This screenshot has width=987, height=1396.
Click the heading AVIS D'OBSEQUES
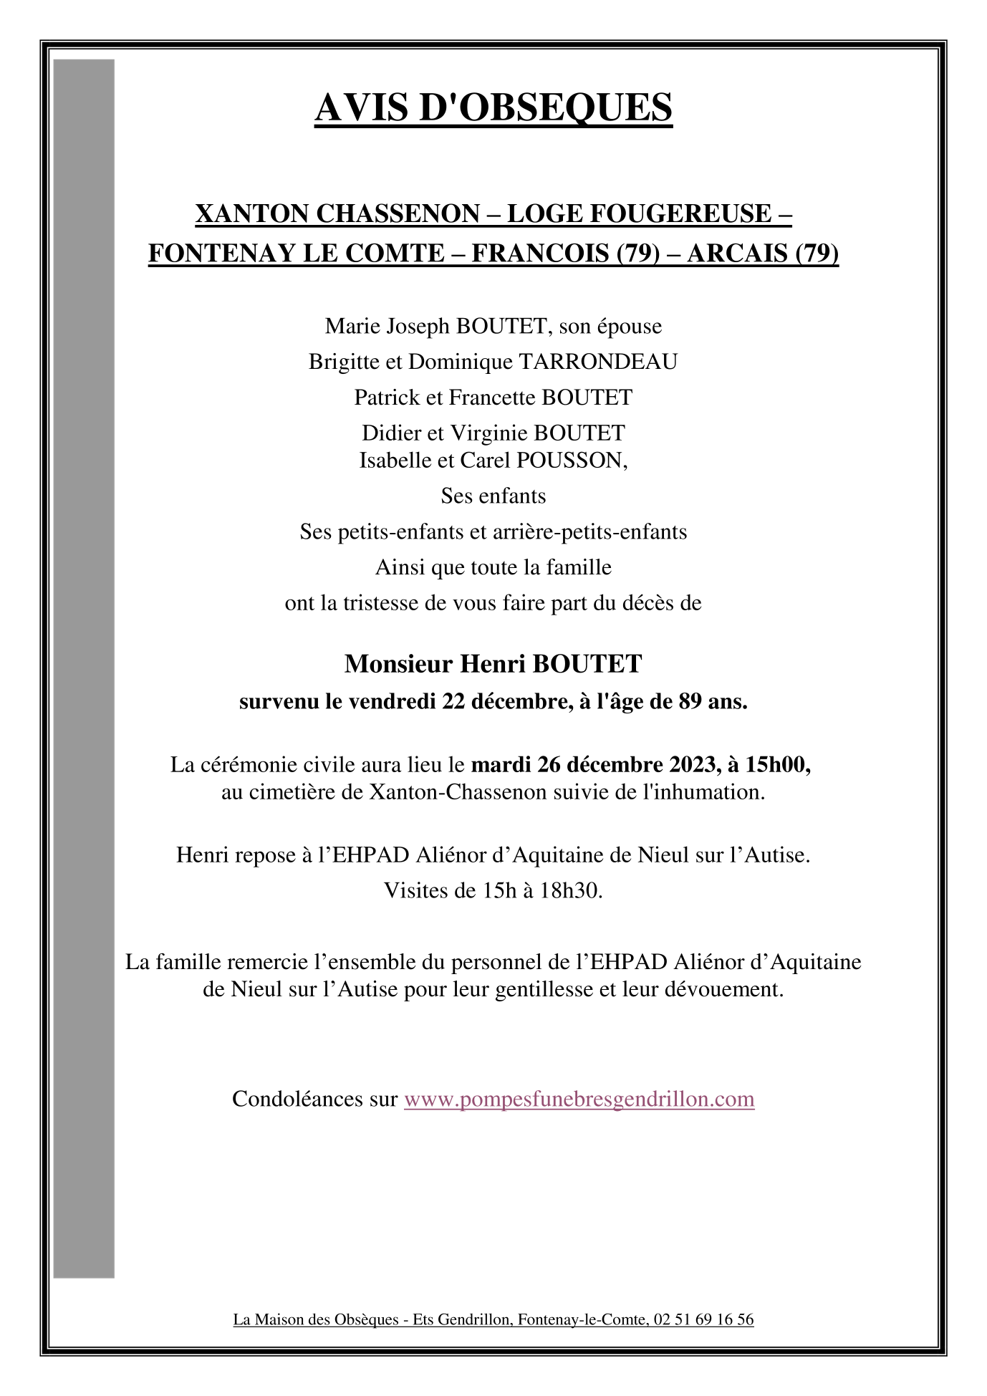point(493,108)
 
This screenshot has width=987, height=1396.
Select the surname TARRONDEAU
point(597,362)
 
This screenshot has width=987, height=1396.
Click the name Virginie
point(489,433)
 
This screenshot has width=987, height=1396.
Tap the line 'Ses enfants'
point(493,496)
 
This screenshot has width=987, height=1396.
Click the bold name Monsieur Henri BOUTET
point(493,664)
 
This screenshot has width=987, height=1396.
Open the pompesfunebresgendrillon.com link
point(579,1099)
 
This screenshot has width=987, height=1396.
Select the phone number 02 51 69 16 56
point(703,1319)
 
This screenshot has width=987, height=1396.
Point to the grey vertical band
point(84,666)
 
